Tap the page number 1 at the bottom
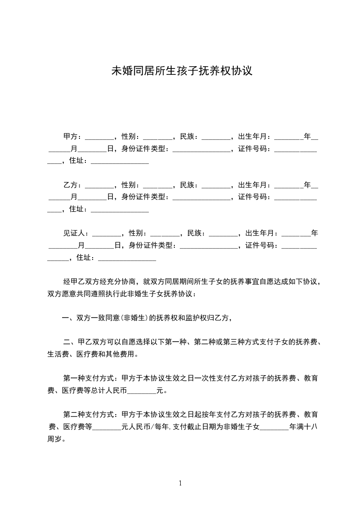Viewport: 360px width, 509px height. tap(180, 483)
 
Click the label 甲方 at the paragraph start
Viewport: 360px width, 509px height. tap(70, 136)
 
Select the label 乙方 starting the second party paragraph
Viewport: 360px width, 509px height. tap(70, 185)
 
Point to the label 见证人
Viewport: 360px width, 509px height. tap(74, 234)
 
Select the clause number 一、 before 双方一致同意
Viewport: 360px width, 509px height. tap(68, 318)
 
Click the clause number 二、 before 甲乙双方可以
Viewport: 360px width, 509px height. tap(68, 342)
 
